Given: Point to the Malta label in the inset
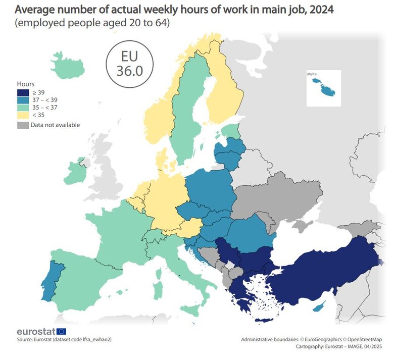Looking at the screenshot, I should [x=312, y=74].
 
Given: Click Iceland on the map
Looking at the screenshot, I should [x=67, y=66].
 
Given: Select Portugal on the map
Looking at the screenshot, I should [x=51, y=280].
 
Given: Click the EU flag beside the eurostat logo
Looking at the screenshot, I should [x=61, y=332].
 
